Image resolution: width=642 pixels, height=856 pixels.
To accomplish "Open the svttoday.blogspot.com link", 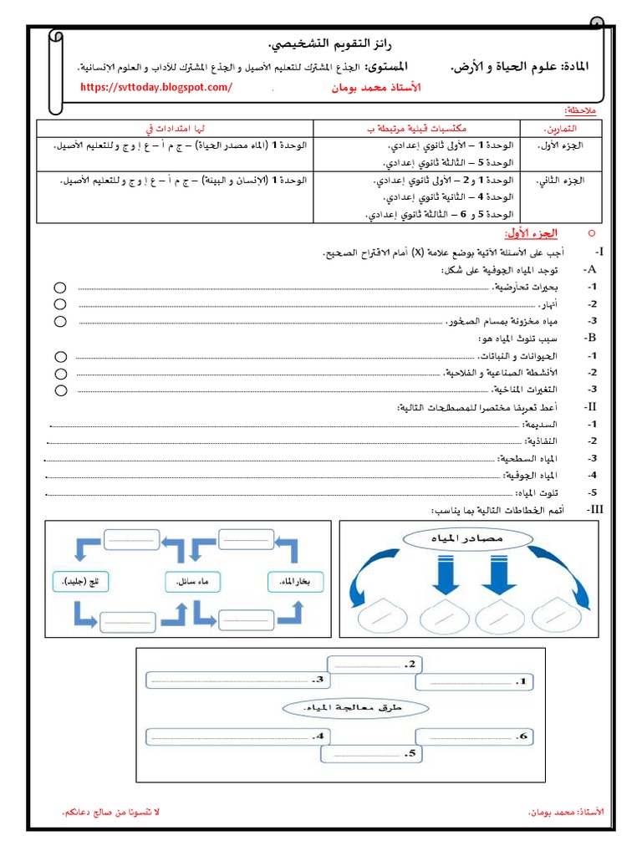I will (156, 87).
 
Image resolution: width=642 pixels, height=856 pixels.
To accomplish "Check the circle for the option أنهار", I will (60, 304).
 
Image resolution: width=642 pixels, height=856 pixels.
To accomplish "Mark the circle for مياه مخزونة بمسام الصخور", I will (60, 321).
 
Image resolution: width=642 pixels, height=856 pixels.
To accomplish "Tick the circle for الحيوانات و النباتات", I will (60, 357).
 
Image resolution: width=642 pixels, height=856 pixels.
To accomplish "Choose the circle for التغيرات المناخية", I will (60, 390).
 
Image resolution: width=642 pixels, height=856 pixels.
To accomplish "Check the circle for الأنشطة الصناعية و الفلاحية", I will (60, 374).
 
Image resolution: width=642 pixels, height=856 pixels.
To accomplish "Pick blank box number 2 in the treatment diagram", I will (373, 664).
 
